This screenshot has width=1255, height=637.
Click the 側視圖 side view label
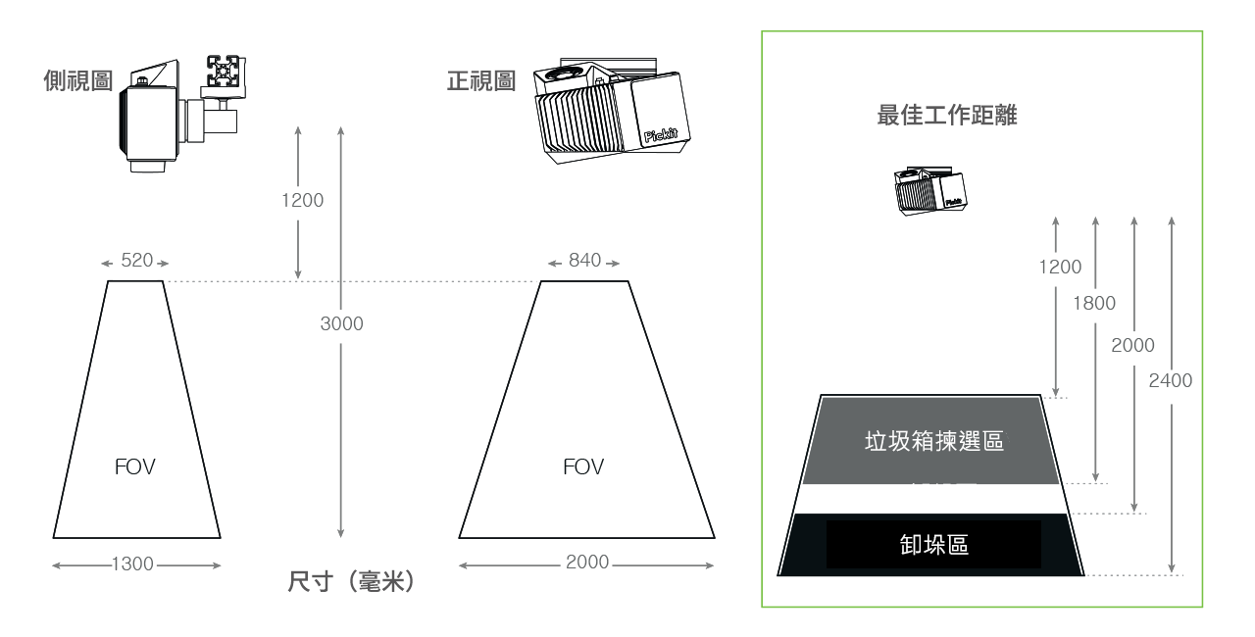[x=78, y=80]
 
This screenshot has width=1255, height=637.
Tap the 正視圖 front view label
[x=481, y=80]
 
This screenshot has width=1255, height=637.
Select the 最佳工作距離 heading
[x=947, y=116]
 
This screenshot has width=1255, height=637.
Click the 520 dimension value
[x=136, y=261]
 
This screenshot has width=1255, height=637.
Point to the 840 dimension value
[x=584, y=261]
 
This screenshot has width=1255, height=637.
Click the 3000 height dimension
[x=342, y=323]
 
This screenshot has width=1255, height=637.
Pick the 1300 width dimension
[x=132, y=563]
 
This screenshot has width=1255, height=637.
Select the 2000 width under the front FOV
[x=587, y=562]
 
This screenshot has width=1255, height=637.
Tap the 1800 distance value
[x=1094, y=304]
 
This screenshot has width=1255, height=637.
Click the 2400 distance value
[x=1171, y=380]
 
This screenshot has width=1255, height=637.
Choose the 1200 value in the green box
[x=1060, y=267]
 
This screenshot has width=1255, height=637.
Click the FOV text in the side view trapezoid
[x=135, y=466]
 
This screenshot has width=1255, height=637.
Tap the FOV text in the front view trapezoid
[x=583, y=466]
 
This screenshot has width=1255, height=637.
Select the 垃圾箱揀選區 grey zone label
[x=934, y=442]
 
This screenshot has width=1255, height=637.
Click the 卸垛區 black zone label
[x=934, y=545]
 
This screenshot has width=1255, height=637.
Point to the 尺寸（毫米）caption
[x=351, y=582]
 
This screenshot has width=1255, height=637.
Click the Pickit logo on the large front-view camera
[x=661, y=135]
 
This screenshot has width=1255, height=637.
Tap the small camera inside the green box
[x=930, y=191]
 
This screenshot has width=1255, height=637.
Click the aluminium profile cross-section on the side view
[x=226, y=72]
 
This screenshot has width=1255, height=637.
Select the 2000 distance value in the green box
[x=1132, y=345]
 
